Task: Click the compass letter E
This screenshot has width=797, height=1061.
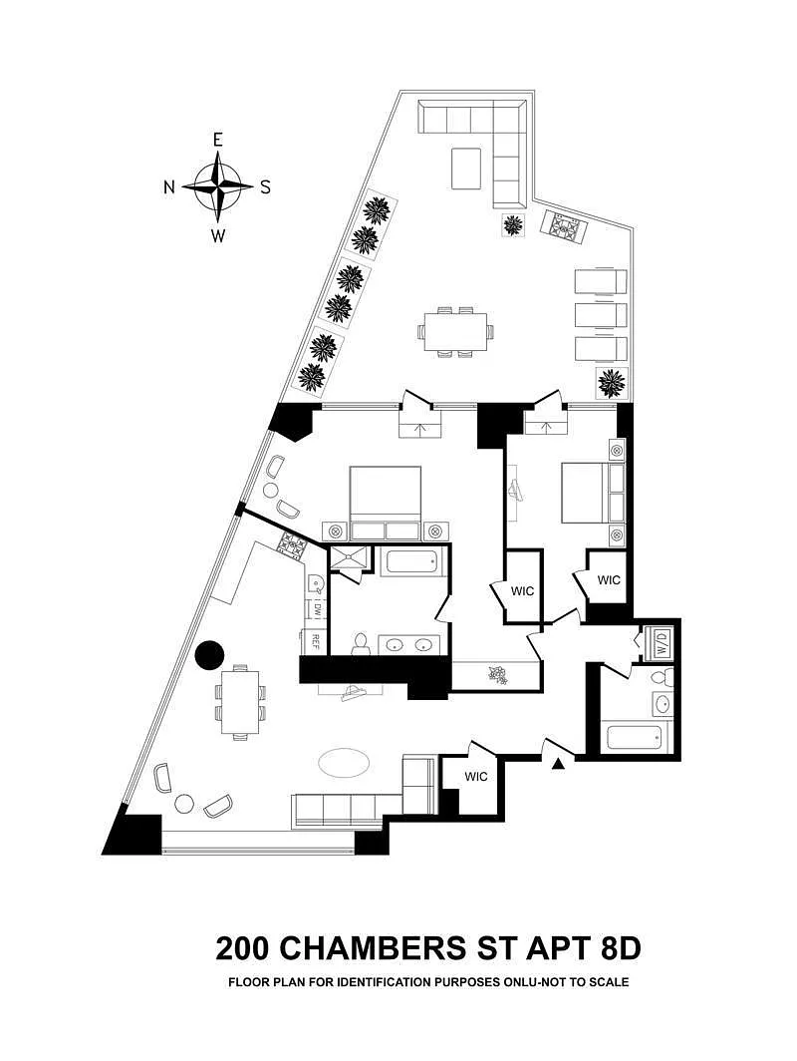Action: click(x=217, y=140)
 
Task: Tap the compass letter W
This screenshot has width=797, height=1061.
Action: click(x=217, y=236)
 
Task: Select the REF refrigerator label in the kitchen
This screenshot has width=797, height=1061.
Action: click(x=315, y=640)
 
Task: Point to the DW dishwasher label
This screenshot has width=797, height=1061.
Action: click(x=315, y=610)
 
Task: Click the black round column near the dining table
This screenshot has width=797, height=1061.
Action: click(x=209, y=654)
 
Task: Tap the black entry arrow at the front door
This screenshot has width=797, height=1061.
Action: click(x=558, y=763)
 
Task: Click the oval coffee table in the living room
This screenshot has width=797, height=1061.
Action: click(x=344, y=763)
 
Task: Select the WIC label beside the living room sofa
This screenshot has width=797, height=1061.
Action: click(x=476, y=777)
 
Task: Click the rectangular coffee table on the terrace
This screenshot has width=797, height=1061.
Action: click(x=466, y=169)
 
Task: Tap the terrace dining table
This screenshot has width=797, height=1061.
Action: click(x=455, y=331)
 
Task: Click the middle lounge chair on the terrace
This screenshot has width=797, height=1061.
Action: click(x=601, y=315)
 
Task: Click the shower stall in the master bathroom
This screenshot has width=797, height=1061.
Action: click(x=350, y=559)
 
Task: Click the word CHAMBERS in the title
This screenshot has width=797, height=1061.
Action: click(x=374, y=948)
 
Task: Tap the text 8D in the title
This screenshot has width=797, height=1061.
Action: click(x=620, y=948)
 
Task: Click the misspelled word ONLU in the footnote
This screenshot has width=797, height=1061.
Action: click(x=519, y=982)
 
